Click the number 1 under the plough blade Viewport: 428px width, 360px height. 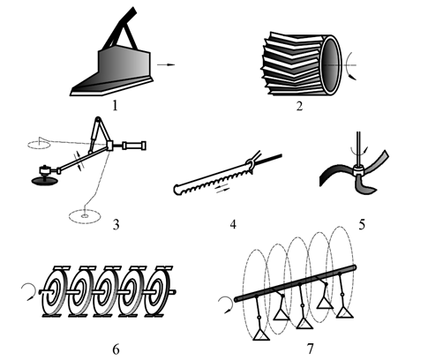click(115, 105)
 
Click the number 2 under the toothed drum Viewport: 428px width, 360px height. click(299, 106)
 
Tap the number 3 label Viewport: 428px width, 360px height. click(116, 225)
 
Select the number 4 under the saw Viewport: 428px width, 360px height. click(233, 224)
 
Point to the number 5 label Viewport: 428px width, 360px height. click(362, 225)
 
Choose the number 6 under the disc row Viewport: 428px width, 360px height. click(116, 349)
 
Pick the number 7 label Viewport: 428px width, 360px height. click(311, 349)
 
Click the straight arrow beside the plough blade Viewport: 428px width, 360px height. click(166, 64)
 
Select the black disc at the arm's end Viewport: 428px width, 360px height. click(44, 181)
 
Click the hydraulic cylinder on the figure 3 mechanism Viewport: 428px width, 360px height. click(134, 146)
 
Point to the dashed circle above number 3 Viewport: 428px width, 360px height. click(85, 216)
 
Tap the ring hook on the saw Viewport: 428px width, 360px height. click(250, 161)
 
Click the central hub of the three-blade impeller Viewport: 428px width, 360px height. click(358, 170)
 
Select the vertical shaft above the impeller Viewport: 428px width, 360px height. click(358, 149)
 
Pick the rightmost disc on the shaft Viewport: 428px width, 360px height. click(159, 291)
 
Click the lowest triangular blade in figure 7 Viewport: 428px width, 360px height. click(261, 334)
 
